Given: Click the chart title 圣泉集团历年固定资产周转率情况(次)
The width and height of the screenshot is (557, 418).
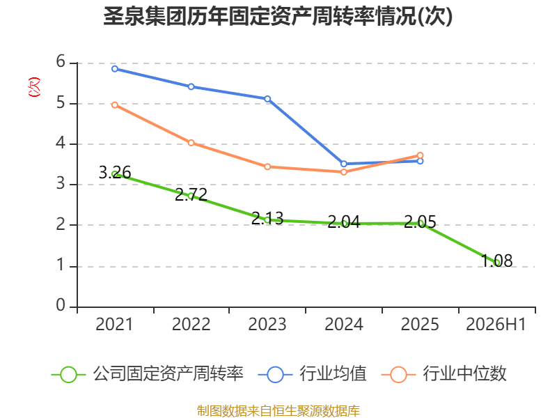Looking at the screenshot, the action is click(278, 16).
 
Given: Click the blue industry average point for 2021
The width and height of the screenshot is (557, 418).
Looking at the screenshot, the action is click(115, 69).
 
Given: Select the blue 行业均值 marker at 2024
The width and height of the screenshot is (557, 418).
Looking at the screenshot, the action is click(344, 164).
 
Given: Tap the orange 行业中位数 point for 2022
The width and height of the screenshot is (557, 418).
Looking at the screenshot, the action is click(191, 143).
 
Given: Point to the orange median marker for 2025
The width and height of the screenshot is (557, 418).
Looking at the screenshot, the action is click(420, 155).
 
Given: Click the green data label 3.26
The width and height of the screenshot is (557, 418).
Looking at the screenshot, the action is click(115, 172).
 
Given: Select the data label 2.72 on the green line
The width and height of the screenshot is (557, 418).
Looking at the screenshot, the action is click(191, 194).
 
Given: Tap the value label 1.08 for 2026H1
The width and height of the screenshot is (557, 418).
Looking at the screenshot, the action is click(496, 261).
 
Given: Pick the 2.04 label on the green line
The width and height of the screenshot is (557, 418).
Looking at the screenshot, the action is click(344, 222).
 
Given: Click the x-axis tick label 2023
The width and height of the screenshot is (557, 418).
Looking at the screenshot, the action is click(267, 324).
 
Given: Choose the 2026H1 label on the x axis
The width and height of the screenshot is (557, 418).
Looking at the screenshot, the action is click(496, 324).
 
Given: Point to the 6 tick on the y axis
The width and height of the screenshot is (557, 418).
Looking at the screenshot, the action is click(61, 62).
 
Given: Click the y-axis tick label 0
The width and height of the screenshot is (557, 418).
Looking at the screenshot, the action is click(61, 305).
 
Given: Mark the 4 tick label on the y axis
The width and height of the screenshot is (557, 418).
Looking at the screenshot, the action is click(61, 144).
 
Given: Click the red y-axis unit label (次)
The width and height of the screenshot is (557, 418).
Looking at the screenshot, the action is click(34, 87).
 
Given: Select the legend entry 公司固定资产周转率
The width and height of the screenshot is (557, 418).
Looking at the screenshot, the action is click(148, 374).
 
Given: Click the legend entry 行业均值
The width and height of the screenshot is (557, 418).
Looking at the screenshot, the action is click(312, 374).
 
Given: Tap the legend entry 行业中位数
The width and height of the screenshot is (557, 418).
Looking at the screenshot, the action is click(444, 374).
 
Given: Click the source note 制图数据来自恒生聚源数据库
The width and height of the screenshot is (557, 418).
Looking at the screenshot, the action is click(278, 411).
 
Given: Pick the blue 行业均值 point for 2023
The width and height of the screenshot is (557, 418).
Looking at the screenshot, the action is click(267, 99).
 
